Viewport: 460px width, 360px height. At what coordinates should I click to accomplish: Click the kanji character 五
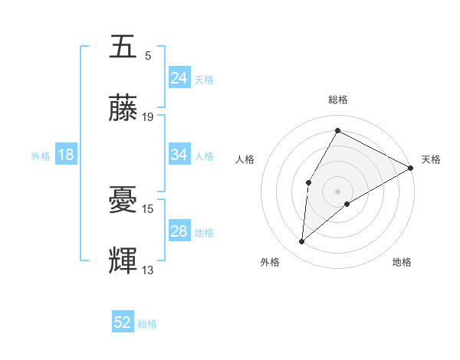coord(123,47)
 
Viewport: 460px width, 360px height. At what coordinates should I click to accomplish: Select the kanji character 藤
coord(123,108)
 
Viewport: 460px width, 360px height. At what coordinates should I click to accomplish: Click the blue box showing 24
coord(179,78)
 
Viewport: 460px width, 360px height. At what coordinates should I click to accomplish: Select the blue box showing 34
coord(179,155)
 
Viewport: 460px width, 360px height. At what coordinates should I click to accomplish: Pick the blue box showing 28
coord(179,231)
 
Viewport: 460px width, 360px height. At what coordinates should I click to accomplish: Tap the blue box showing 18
coord(66,155)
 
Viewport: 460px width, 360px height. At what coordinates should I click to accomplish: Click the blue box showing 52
coord(123,323)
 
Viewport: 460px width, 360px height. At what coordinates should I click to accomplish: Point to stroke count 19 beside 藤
coord(148,117)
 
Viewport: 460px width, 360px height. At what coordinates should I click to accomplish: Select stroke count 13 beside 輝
coord(148,270)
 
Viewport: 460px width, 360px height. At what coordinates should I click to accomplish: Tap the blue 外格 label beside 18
coord(41,155)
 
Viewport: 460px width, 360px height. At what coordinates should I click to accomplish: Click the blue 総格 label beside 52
coord(147,324)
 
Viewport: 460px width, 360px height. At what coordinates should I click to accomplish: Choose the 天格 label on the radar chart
coord(431,159)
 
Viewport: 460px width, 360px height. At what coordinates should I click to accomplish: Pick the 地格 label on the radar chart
coord(402,263)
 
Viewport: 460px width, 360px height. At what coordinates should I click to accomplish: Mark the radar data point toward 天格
coord(411,168)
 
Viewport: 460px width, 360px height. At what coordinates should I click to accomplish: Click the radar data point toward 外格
coord(302,242)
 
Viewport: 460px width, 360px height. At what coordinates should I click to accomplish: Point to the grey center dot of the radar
coord(337,191)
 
